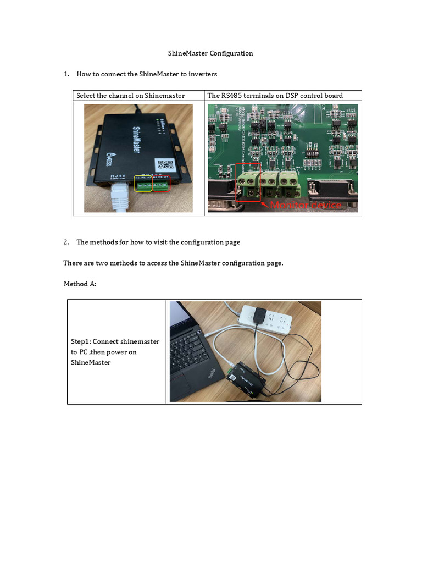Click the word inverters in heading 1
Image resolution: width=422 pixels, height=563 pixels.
(x=202, y=74)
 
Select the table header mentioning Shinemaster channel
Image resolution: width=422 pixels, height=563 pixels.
(x=131, y=96)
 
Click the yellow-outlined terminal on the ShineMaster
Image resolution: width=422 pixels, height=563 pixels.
(x=143, y=186)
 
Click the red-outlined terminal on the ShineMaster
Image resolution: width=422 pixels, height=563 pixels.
(x=162, y=186)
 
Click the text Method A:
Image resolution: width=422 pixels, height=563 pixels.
(x=80, y=284)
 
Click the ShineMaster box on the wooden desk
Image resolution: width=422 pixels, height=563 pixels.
(x=247, y=379)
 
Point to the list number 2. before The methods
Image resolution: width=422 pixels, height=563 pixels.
(x=66, y=242)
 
